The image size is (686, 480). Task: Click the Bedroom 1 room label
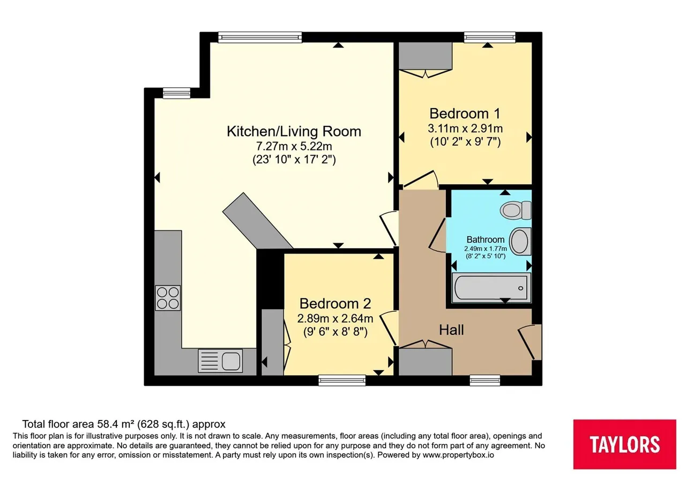465,114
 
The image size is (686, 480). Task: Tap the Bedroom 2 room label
335,304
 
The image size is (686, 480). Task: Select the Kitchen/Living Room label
294,131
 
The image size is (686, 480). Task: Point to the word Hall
451,330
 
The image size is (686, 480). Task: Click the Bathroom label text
486,239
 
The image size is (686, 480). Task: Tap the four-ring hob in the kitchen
168,298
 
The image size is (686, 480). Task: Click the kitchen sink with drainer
220,361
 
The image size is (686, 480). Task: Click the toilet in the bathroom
516,211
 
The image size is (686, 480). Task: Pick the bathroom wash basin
520,241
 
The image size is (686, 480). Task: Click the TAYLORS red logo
625,444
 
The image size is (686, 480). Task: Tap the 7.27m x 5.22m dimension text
294,146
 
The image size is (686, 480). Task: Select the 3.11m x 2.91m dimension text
465,129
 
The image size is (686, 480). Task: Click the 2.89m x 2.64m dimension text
335,319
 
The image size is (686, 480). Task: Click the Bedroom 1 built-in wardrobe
426,56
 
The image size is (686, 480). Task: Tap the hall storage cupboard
426,362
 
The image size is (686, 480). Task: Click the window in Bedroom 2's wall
342,380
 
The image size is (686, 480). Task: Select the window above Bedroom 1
490,37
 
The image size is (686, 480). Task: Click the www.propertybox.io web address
458,455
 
